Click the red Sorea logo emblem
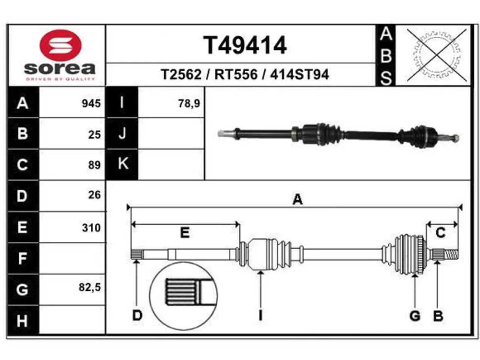pos(60,45)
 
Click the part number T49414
pos(245,45)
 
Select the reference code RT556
pos(236,75)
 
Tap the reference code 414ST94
pos(299,75)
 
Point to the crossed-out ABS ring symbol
pos(437,55)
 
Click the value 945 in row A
pos(91,103)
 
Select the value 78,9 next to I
pos(189,103)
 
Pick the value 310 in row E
pos(91,228)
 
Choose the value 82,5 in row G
pos(90,287)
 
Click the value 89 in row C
pos(94,165)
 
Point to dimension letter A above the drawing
pos(298,199)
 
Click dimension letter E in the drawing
pos(184,232)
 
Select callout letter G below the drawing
pos(415,316)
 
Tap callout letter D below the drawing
pos(137,316)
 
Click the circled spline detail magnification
pos(183,297)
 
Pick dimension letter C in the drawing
pos(440,232)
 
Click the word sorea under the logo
pos(60,69)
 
